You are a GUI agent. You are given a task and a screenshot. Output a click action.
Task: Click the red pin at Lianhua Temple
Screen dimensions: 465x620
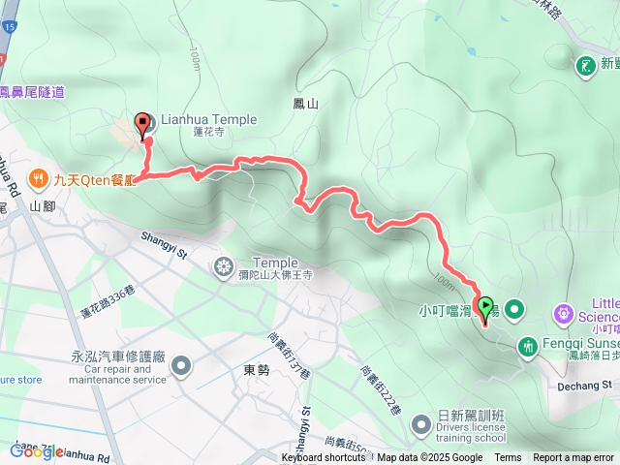tap(145, 123)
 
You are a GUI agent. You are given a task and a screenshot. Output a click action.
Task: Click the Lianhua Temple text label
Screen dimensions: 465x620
tap(210, 119)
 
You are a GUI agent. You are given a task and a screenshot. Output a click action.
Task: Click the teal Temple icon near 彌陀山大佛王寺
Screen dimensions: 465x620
tap(225, 266)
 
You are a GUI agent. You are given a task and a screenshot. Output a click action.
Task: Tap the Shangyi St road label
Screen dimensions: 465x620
tap(162, 241)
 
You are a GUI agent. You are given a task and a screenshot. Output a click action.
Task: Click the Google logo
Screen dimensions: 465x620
tap(36, 450)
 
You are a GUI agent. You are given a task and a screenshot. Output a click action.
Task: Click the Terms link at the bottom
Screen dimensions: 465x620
tap(508, 458)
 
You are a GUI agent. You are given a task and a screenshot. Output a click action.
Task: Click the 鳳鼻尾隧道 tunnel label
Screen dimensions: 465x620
tap(33, 92)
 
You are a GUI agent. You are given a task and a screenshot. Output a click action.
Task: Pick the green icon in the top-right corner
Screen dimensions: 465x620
tap(586, 65)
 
